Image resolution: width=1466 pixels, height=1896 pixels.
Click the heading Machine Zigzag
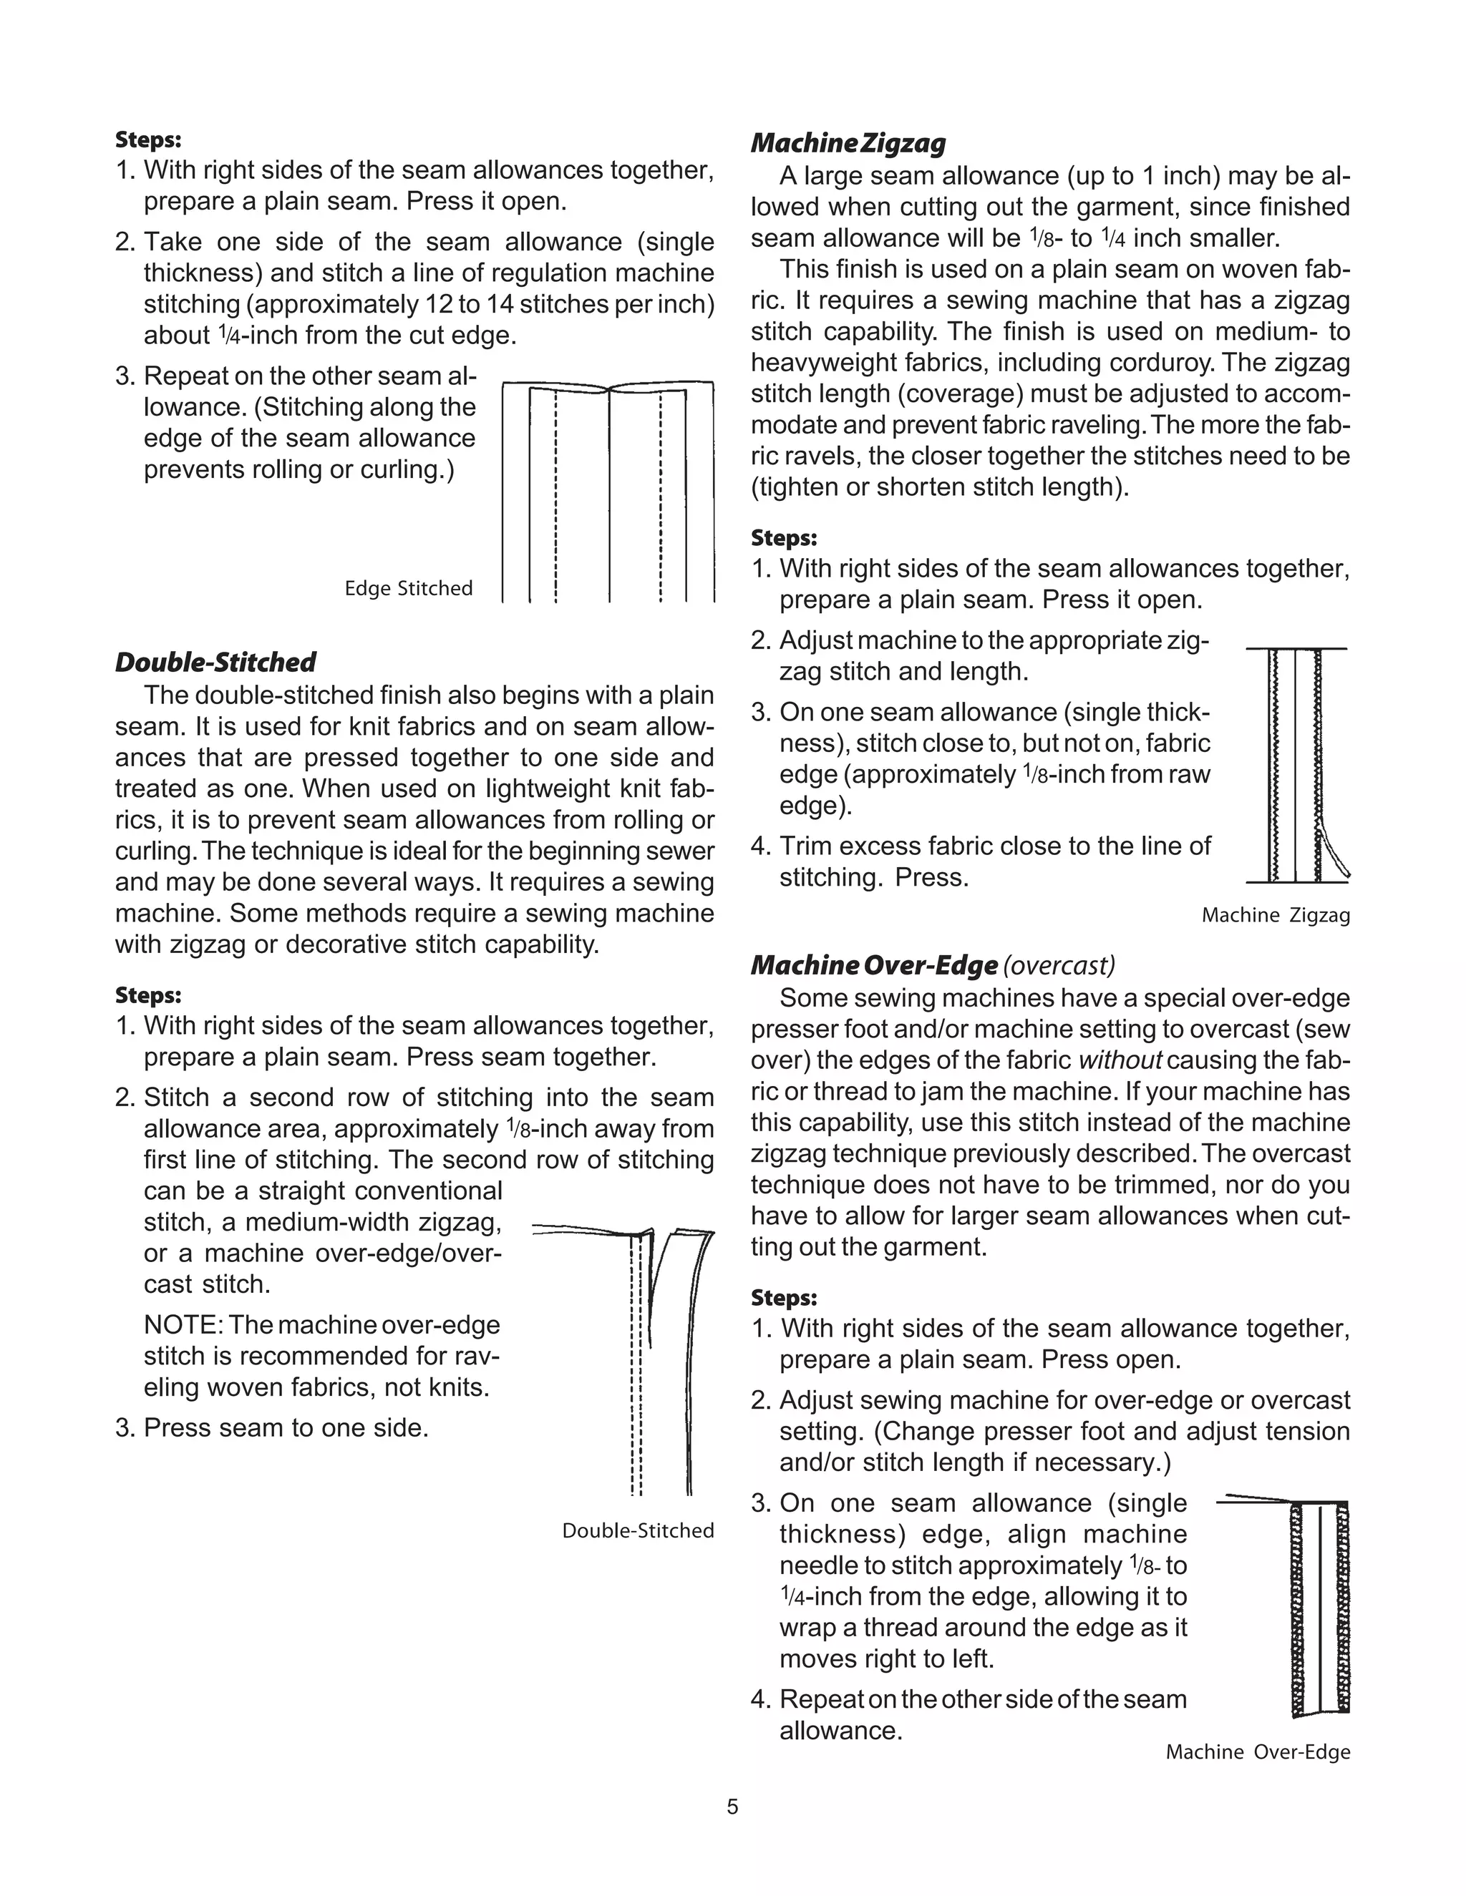point(848,143)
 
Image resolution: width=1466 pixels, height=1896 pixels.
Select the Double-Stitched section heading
point(215,663)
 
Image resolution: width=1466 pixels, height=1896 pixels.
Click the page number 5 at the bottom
point(732,1807)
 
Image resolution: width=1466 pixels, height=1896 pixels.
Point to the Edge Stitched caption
point(408,589)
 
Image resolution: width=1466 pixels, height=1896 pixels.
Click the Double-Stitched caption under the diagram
point(638,1530)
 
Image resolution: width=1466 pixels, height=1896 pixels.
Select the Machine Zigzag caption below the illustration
point(1275,915)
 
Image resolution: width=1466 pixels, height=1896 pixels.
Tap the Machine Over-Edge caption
point(1258,1752)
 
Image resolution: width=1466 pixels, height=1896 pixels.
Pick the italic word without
point(1120,1061)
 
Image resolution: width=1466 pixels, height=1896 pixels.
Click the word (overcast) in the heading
point(1059,965)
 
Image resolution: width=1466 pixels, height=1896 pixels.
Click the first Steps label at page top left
point(147,140)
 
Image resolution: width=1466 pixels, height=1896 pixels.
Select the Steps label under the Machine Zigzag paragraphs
point(783,538)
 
